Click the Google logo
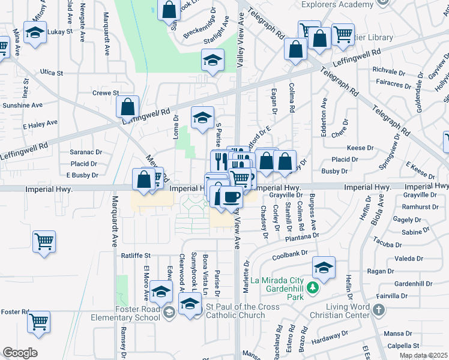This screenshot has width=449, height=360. [20, 353]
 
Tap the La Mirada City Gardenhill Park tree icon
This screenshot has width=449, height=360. [312, 289]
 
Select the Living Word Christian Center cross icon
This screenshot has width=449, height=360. [378, 310]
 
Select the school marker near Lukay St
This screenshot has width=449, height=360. [35, 34]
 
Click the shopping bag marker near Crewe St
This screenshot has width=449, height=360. [127, 108]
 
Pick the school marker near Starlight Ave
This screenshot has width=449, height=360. [212, 60]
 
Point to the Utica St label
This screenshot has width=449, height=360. [52, 73]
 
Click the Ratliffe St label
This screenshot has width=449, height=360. [135, 255]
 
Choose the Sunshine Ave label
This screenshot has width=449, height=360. [22, 105]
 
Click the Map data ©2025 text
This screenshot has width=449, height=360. [423, 355]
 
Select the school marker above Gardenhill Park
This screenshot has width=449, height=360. [323, 268]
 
